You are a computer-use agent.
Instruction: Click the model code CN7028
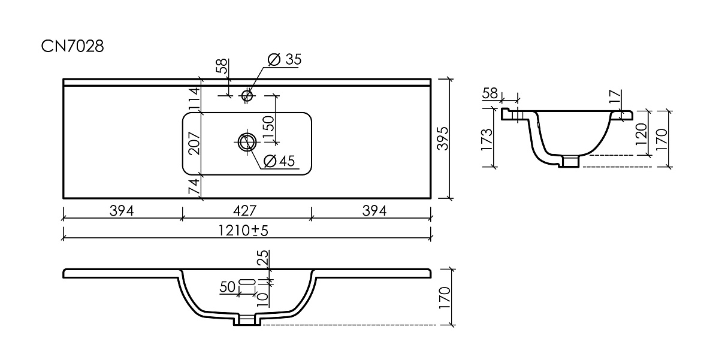72,47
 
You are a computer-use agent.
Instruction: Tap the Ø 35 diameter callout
285,59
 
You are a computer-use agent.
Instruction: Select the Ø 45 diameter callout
279,161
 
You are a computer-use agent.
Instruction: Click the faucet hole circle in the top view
247,95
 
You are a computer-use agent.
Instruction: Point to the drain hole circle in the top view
247,142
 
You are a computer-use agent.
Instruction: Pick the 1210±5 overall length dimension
243,231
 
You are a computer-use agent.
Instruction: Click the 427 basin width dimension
244,211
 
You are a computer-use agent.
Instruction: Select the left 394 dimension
122,211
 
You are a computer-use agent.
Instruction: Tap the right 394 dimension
374,211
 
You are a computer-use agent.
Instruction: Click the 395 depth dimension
443,138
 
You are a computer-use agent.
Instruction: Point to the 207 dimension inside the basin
194,143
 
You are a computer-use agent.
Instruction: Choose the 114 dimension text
194,98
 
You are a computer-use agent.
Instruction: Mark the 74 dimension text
194,186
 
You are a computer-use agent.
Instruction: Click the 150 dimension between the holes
268,128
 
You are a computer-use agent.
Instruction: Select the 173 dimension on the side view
487,140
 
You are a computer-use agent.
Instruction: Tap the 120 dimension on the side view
641,134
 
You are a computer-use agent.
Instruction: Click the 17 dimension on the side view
615,97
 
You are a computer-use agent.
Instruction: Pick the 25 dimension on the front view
262,258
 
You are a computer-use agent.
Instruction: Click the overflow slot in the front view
247,282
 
